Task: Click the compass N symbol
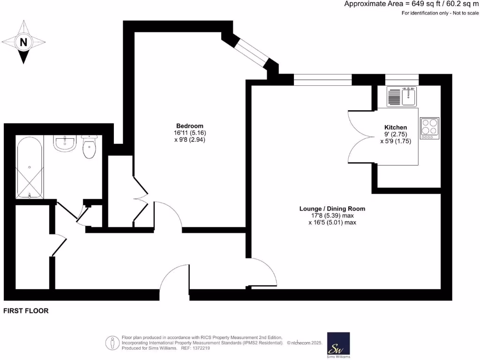pos(23,42)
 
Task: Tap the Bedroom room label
pos(189,126)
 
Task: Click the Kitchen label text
pos(395,127)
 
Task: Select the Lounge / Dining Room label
pos(332,209)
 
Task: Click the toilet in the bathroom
pos(89,147)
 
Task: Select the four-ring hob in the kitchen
pos(429,128)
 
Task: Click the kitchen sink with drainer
pos(402,97)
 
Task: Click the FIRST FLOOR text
pos(26,311)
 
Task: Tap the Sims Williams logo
pos(338,346)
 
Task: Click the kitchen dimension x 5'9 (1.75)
pos(396,141)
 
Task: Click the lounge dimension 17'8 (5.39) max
pos(332,216)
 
